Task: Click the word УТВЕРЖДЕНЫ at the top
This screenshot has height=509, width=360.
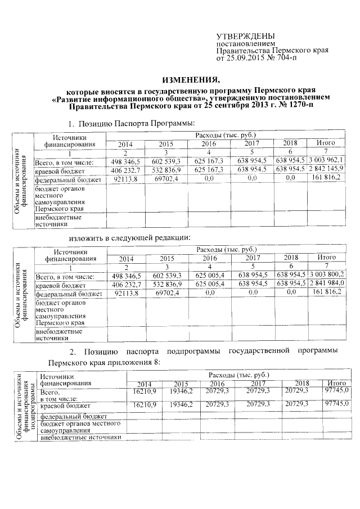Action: click(x=242, y=35)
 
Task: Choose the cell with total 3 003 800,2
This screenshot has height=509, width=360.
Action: click(x=327, y=276)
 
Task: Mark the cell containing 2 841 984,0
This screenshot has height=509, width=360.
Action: click(x=327, y=284)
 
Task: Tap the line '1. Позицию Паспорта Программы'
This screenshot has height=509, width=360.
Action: click(x=131, y=123)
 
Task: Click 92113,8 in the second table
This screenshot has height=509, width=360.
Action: click(x=126, y=293)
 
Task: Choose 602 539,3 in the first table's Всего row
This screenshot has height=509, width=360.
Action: click(x=166, y=161)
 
